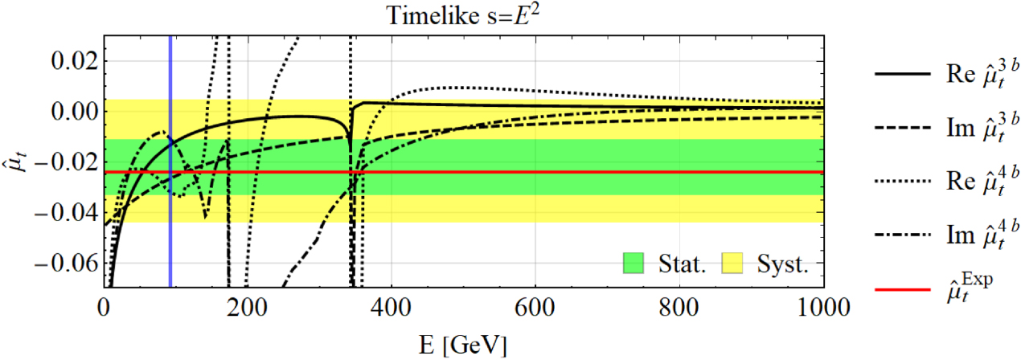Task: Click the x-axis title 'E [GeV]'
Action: pyautogui.click(x=463, y=344)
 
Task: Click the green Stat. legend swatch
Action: pyautogui.click(x=634, y=263)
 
